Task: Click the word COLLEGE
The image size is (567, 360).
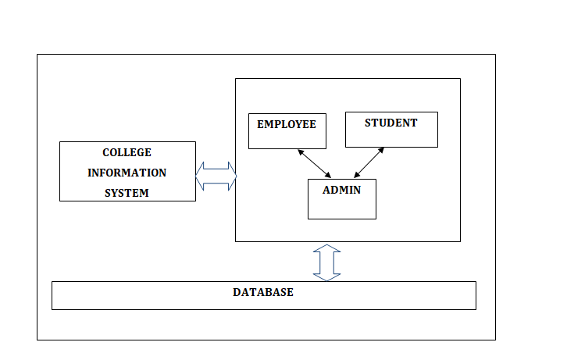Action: [127, 152]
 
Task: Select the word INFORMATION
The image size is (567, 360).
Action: [127, 173]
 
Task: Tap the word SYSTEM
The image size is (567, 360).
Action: [127, 193]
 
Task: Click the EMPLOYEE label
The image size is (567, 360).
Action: [287, 124]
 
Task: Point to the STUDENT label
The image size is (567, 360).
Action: [390, 123]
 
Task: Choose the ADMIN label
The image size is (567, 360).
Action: [341, 190]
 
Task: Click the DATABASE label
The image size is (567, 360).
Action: [263, 292]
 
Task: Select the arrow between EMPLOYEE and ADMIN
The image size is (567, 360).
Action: [314, 163]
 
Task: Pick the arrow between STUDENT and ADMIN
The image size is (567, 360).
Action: [369, 162]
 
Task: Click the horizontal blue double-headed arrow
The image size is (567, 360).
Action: [216, 176]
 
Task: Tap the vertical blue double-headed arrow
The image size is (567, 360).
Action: [326, 262]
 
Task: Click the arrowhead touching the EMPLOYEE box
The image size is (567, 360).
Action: [299, 151]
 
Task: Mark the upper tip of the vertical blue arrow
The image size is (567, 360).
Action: [326, 244]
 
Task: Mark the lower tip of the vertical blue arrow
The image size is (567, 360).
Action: [326, 280]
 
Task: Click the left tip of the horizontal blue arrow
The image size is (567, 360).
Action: [196, 176]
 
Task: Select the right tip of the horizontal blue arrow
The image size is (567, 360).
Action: [236, 176]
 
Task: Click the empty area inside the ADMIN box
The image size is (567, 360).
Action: [341, 207]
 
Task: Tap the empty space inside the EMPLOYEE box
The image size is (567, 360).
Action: [287, 139]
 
